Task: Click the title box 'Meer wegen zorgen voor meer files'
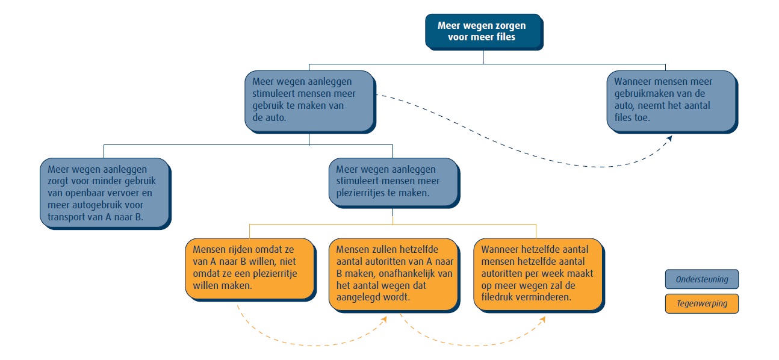click(482, 31)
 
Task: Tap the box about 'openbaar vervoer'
click(104, 193)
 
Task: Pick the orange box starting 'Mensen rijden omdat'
click(249, 267)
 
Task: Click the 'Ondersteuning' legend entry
click(701, 279)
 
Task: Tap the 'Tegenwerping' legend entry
click(701, 303)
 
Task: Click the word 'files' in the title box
click(504, 37)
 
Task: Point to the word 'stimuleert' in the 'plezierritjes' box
click(357, 181)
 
